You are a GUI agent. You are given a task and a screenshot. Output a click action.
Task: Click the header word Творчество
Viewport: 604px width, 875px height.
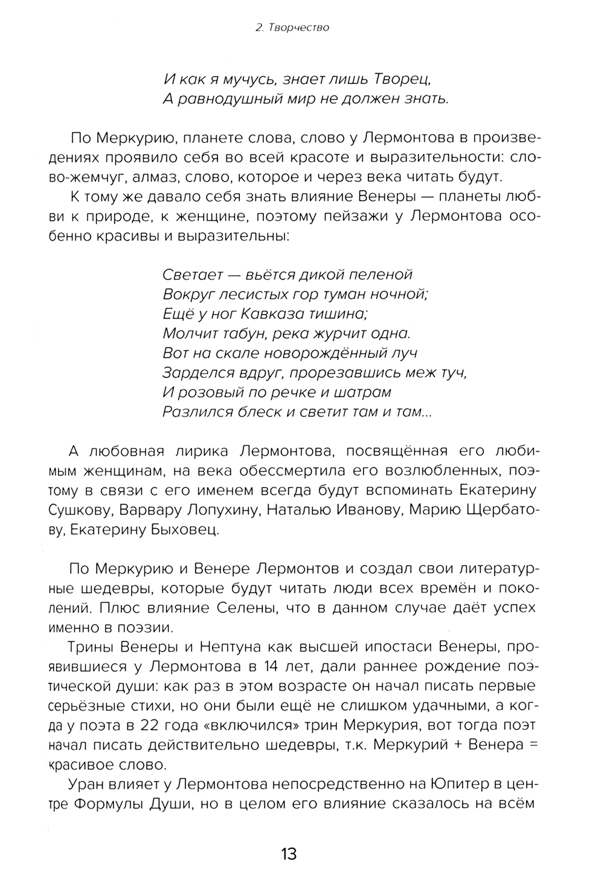pos(300,28)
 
